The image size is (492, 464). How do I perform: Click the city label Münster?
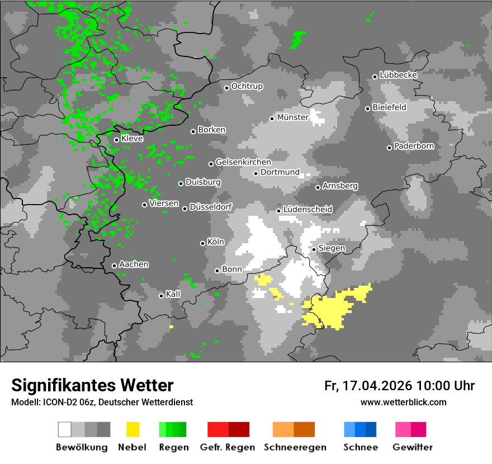[x=293, y=117]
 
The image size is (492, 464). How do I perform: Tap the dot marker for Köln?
[x=202, y=243]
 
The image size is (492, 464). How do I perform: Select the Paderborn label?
[x=414, y=146]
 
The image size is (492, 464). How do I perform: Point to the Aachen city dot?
[x=114, y=266]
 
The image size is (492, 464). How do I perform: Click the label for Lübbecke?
[x=399, y=75]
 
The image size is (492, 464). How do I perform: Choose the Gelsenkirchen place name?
[x=243, y=162]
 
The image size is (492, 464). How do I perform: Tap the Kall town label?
[x=173, y=294]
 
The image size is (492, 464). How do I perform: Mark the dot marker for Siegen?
[x=314, y=249]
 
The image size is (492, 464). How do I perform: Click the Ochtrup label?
[x=247, y=86]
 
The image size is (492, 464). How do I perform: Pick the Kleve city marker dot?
[x=116, y=140]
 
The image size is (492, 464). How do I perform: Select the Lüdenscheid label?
[x=308, y=210]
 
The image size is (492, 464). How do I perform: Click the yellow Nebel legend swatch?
[x=133, y=429]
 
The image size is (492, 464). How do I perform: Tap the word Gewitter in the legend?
[x=413, y=447]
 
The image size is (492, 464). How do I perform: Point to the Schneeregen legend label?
[x=295, y=447]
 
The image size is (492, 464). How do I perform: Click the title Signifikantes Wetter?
[x=92, y=385]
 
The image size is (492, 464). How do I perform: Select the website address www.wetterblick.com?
[x=404, y=402]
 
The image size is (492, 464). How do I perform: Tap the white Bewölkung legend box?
[x=65, y=429]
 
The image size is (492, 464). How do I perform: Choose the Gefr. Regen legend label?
[x=228, y=447]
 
